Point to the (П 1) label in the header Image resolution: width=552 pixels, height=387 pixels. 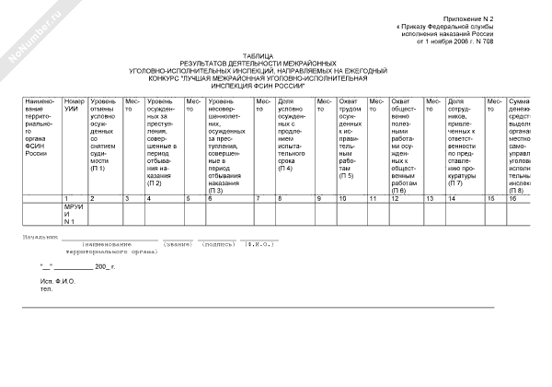click(98, 168)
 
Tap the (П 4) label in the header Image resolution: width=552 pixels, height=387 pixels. click(286, 168)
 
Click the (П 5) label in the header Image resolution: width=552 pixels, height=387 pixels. click(346, 175)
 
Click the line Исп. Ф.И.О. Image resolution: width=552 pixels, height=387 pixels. click(59, 278)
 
